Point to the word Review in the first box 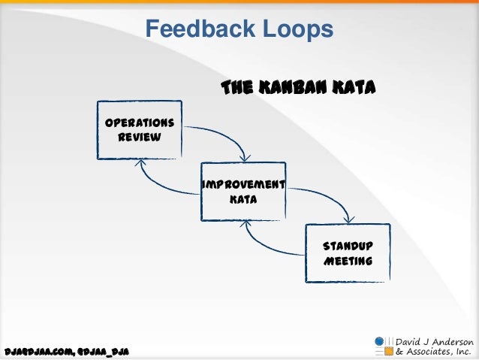pos(139,138)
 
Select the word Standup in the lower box pos(347,247)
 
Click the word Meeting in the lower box pos(347,262)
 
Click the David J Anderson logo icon pos(384,345)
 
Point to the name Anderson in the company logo pos(450,340)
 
